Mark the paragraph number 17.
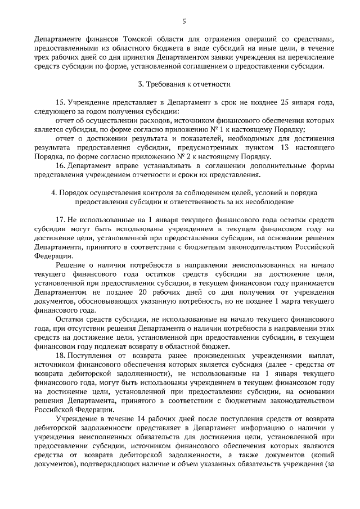[61, 219]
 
